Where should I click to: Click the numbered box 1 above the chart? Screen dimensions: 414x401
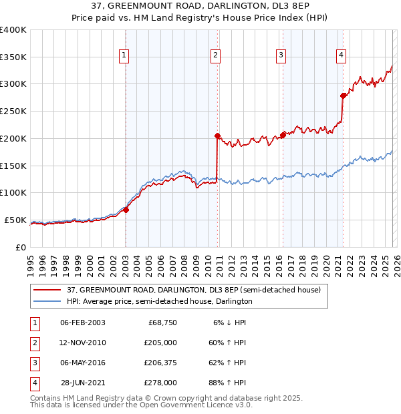125,56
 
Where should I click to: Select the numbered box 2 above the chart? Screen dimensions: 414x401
216,56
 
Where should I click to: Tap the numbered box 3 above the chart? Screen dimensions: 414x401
281,56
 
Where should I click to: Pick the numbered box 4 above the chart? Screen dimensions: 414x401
341,56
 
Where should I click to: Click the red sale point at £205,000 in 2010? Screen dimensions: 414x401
217,136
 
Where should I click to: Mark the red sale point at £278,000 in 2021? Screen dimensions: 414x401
343,95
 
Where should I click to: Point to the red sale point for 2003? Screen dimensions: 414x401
126,210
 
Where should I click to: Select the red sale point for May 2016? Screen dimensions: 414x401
283,135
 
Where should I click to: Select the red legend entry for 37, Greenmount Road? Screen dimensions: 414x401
194,290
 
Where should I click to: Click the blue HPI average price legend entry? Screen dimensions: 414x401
159,302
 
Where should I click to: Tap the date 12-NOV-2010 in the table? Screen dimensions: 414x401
83,343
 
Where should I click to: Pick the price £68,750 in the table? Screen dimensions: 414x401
162,323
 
